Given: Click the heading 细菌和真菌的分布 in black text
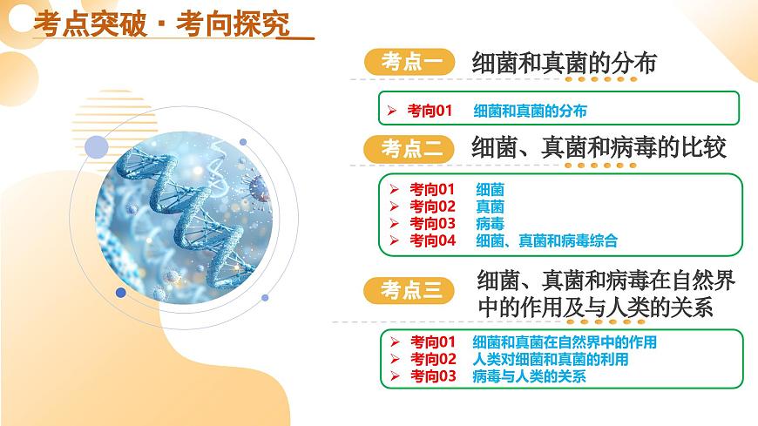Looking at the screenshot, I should point(564,62).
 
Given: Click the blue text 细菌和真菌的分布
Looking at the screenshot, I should point(530,111).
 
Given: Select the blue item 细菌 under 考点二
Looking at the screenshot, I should point(490,189).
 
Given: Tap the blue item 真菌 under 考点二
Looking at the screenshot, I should point(490,206).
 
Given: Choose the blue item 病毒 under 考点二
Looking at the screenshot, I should point(490,224).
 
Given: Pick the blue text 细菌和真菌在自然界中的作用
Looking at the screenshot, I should point(564,342).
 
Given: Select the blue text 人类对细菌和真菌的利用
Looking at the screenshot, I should point(550,359).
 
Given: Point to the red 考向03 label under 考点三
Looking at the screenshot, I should point(433,376).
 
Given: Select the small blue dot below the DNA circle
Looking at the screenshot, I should point(121,293).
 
